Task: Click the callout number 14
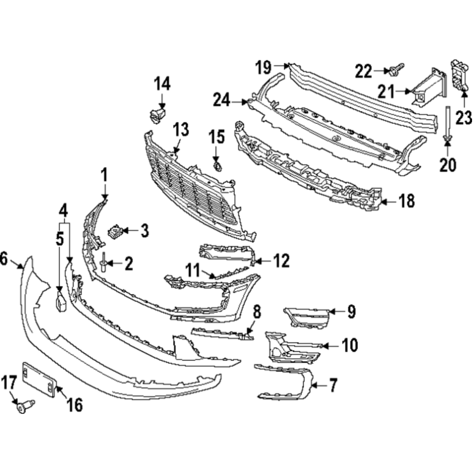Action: click(x=162, y=83)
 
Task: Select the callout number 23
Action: click(x=463, y=118)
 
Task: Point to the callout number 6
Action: click(x=4, y=259)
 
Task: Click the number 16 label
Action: click(x=74, y=405)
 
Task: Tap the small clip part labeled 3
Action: click(x=115, y=231)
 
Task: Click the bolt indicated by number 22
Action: click(x=395, y=69)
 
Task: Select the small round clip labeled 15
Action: click(x=217, y=166)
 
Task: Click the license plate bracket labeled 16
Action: click(x=39, y=379)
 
